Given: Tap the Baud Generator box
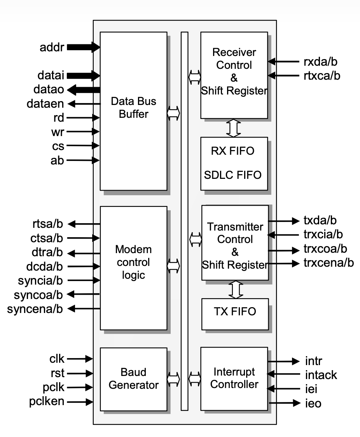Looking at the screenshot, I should (133, 379).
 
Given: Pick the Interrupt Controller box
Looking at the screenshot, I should (234, 378).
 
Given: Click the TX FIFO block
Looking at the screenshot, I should (234, 312).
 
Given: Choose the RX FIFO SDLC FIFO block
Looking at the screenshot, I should (234, 163).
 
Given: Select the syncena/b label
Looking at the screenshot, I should (35, 309).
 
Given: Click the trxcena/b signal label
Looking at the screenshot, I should (329, 264).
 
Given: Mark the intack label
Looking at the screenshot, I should (321, 375).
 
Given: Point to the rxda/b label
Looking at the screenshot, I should (321, 61).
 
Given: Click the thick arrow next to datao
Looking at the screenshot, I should (84, 89).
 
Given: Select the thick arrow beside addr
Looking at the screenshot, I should (84, 48).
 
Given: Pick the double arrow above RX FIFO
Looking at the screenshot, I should (234, 128).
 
